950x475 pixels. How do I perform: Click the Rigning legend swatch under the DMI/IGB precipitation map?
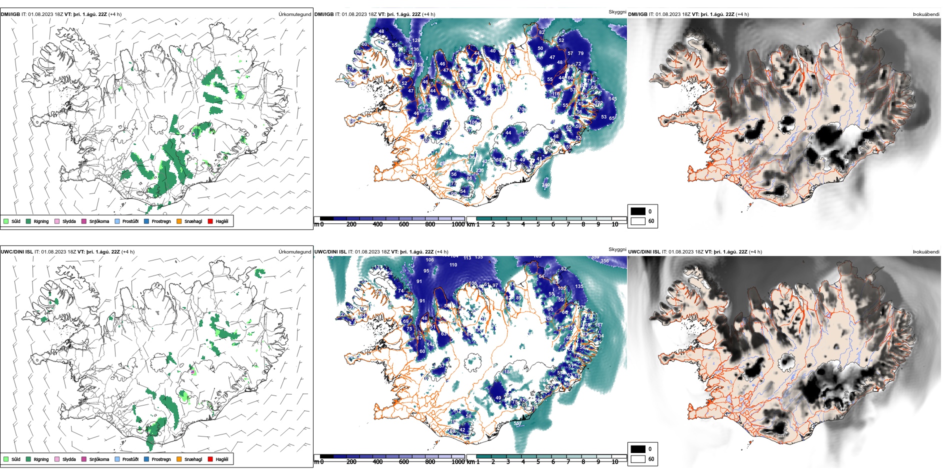28,221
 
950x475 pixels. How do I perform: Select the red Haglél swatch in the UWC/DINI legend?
210,459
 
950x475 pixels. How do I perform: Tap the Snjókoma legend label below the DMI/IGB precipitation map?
99,221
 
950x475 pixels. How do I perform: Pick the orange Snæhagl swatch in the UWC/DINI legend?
179,459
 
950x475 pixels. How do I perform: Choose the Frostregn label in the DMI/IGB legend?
161,221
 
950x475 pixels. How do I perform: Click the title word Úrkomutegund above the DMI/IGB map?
294,14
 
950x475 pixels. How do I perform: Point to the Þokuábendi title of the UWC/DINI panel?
926,252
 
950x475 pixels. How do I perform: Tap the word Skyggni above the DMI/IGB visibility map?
617,12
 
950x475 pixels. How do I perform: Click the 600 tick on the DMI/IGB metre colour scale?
403,224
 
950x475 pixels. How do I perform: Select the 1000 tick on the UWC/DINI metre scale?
457,462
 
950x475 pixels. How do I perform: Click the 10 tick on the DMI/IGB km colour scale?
614,224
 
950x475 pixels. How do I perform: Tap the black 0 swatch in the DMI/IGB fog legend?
638,211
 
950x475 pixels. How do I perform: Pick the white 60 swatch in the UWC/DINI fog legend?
638,458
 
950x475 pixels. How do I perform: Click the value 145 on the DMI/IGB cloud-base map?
612,99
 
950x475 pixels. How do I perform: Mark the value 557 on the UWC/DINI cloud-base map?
518,423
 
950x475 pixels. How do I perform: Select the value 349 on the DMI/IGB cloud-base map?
545,185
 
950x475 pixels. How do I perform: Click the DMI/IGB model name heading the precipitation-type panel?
10,14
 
